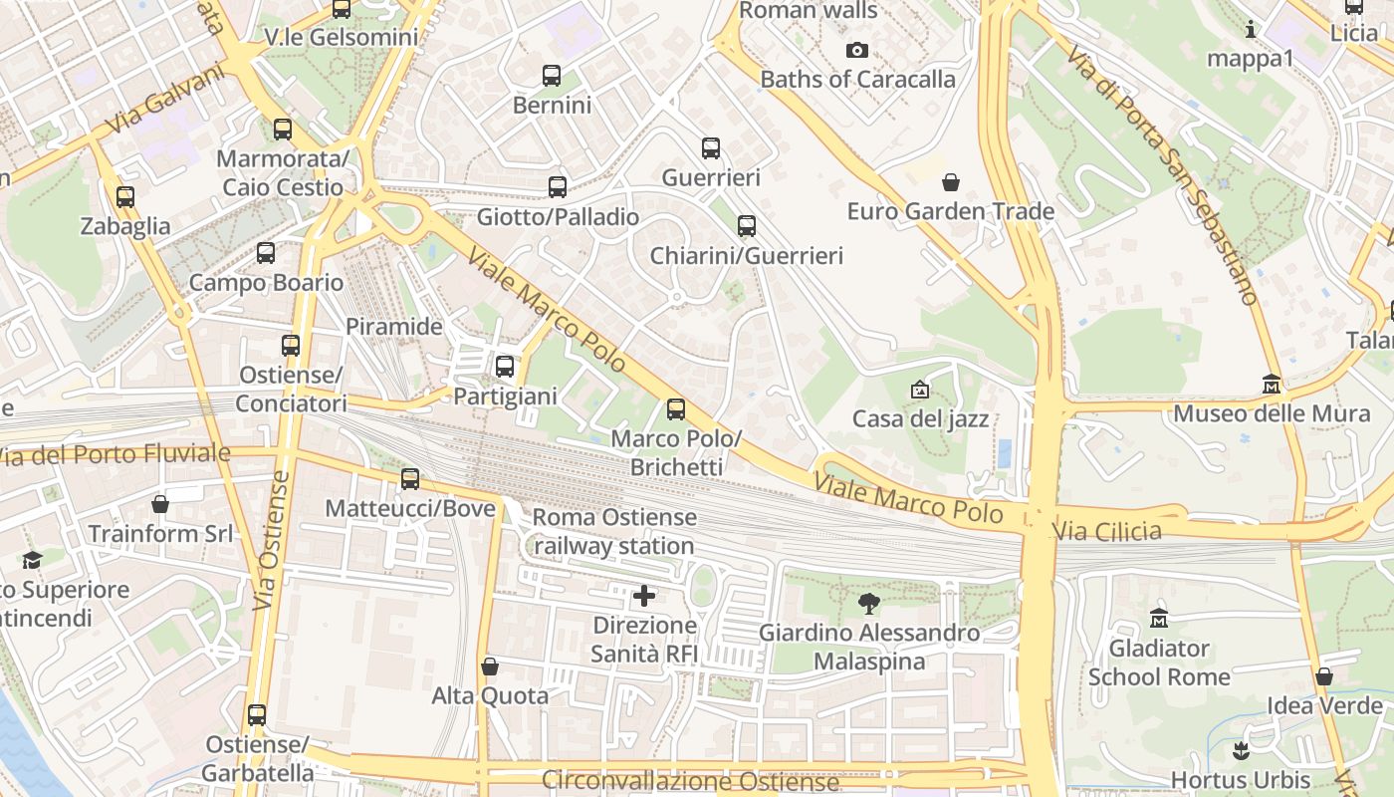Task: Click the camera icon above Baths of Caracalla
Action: (856, 50)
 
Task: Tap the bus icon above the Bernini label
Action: (552, 76)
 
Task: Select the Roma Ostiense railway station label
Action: (614, 532)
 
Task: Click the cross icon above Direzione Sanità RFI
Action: (644, 597)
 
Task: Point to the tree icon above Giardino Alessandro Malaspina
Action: (869, 603)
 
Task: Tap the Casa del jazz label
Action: (920, 418)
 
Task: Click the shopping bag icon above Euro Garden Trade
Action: (951, 182)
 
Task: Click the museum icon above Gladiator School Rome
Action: (1159, 619)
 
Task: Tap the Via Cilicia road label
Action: (1107, 531)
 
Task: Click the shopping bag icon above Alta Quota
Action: (489, 666)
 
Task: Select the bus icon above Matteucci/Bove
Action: (410, 479)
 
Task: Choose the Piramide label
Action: (393, 327)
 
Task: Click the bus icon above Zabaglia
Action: (125, 197)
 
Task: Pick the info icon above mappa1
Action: (1251, 30)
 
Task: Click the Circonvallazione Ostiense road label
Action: (690, 781)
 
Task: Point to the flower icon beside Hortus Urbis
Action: (1241, 749)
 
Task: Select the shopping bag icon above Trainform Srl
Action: (160, 504)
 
